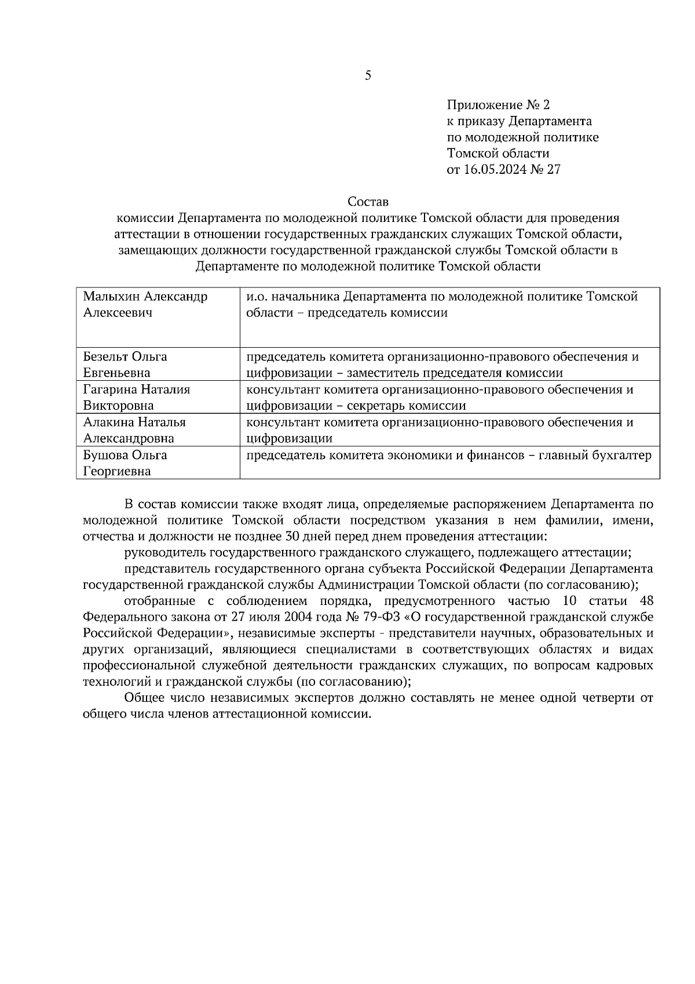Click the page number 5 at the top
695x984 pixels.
(368, 75)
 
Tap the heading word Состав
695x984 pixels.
(368, 202)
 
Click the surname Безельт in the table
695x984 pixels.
(105, 356)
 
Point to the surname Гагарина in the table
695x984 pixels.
(110, 389)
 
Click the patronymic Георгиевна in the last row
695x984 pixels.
(117, 471)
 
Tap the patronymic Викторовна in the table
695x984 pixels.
(119, 406)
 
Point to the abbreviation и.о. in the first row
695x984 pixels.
(257, 297)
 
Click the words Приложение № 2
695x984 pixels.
(498, 105)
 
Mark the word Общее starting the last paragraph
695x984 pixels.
(143, 698)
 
